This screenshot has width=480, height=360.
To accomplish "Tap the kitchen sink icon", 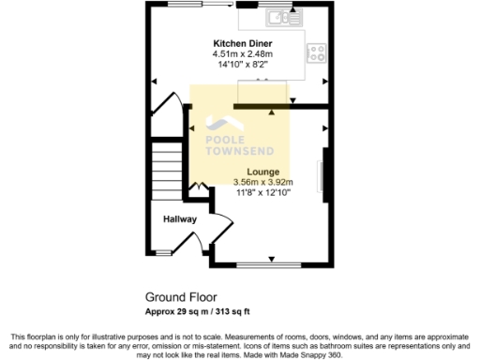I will (282, 16).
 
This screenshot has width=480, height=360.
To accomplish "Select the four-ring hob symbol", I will (317, 52).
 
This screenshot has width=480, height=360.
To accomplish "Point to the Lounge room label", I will (262, 172).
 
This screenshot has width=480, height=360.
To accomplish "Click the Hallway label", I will (180, 219).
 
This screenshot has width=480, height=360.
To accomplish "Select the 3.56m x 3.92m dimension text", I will (262, 183).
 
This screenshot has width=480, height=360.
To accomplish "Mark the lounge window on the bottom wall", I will (271, 263).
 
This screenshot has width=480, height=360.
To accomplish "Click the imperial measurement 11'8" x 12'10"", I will (262, 193).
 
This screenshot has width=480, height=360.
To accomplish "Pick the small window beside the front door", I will (165, 253).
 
